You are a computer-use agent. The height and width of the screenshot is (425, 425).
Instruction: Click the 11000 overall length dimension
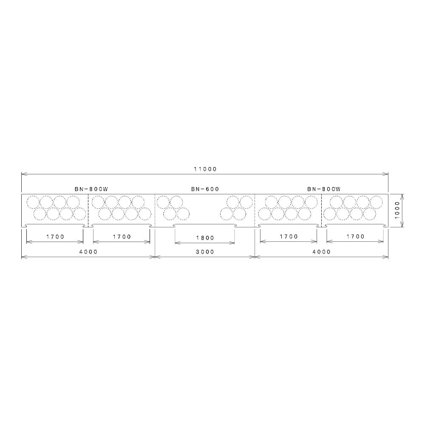point(205,169)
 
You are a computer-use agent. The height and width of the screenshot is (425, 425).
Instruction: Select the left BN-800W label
point(91,189)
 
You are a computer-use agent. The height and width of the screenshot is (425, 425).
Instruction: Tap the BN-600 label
point(205,189)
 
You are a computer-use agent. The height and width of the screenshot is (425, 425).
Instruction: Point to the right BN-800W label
point(324,189)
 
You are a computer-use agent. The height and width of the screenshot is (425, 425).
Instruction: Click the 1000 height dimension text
point(397,210)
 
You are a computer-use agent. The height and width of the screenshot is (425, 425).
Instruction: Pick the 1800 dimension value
point(205,238)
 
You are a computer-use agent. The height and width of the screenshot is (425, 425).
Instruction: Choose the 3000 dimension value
point(205,252)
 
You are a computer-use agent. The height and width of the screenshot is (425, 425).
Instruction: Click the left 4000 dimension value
point(88,252)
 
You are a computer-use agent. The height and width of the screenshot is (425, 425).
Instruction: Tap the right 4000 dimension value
point(321,252)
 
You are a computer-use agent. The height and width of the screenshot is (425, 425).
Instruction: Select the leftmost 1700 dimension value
point(55,237)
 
